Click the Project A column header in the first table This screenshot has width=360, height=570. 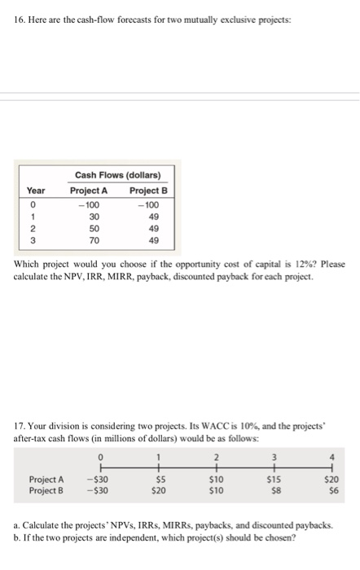(94, 190)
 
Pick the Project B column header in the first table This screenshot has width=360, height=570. (149, 190)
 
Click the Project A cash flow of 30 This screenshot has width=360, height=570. (94, 217)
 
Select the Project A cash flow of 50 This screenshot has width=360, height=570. (94, 229)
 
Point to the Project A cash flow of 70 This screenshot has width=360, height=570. (94, 241)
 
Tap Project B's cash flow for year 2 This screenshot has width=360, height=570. (149, 229)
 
